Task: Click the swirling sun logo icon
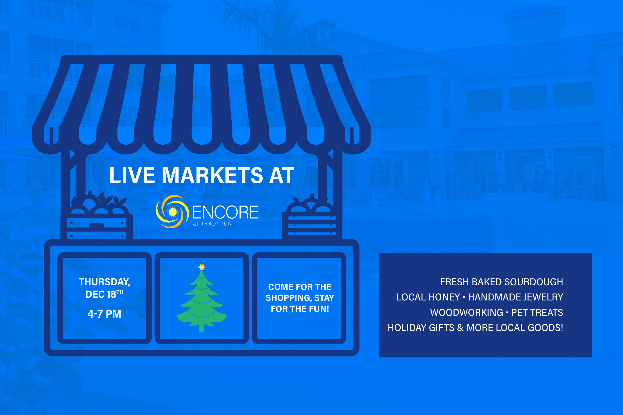click(x=172, y=212)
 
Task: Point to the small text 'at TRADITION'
click(x=213, y=224)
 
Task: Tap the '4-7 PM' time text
click(x=104, y=314)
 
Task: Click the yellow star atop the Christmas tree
click(x=202, y=267)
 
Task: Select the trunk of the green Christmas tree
click(x=202, y=328)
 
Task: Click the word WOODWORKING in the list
click(x=466, y=313)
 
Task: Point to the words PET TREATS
click(x=537, y=313)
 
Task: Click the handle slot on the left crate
click(x=96, y=225)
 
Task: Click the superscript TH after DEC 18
click(x=120, y=292)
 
